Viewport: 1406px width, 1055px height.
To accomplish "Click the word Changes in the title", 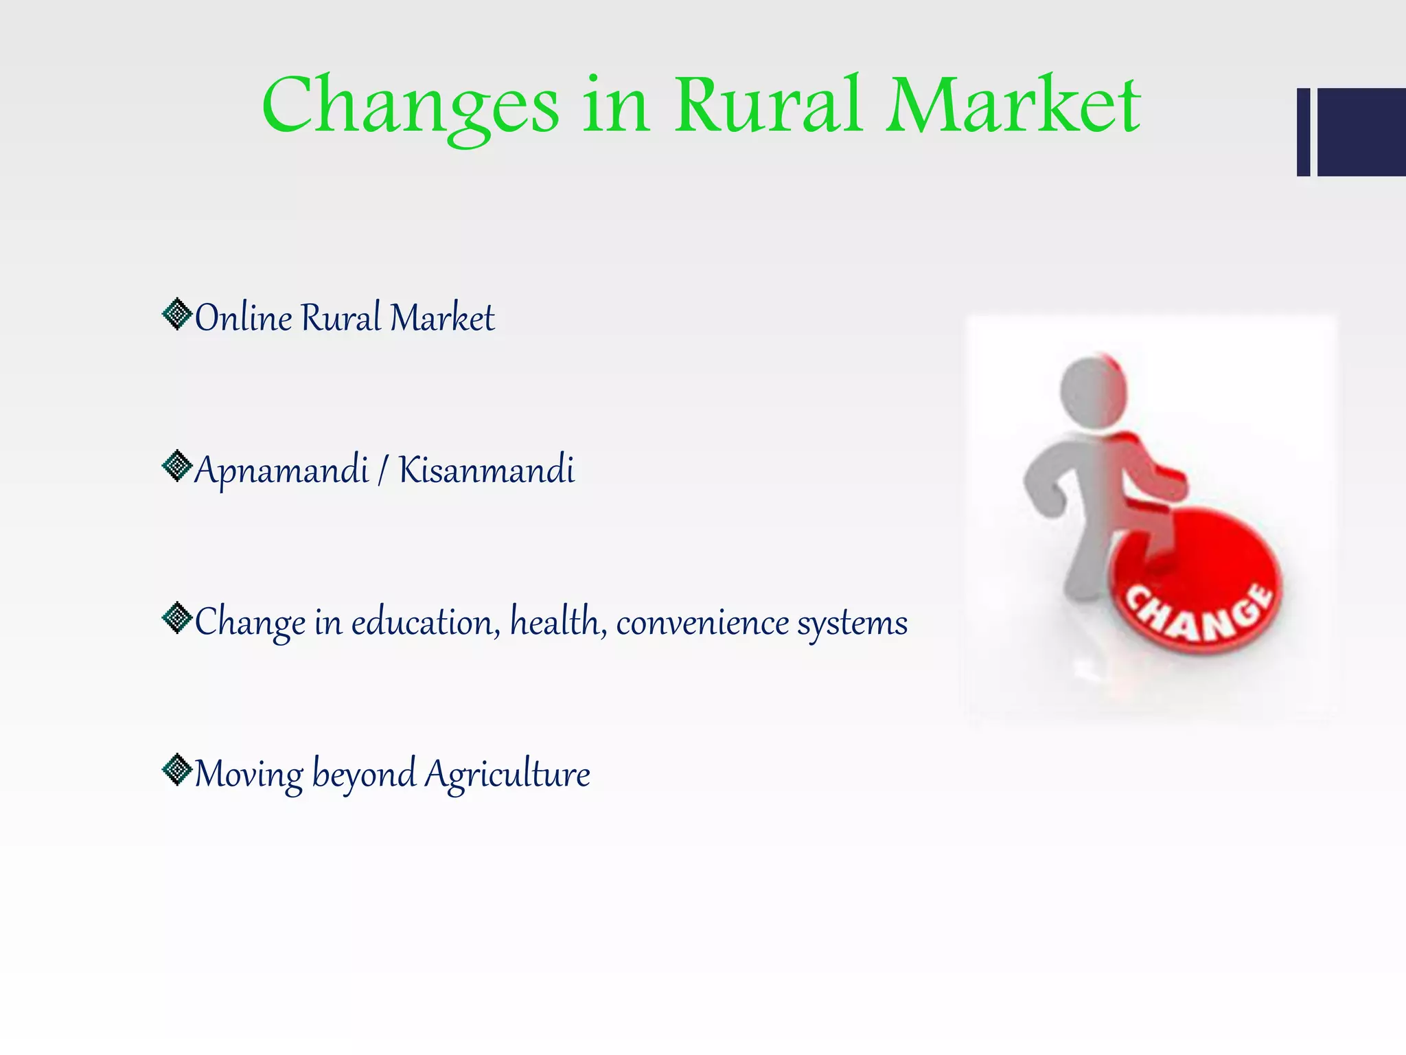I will (x=410, y=106).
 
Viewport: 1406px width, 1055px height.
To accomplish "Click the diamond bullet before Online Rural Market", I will (x=177, y=315).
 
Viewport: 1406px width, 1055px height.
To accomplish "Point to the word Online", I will (x=244, y=318).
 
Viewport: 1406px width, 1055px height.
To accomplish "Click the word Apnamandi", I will (x=281, y=471).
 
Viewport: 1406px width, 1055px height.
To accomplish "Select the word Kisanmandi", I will (x=486, y=470).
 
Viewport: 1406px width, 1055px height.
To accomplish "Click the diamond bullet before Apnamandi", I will (x=177, y=466).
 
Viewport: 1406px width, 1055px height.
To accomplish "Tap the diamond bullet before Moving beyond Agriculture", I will (x=177, y=770).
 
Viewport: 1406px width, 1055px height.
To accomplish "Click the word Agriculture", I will (x=507, y=775).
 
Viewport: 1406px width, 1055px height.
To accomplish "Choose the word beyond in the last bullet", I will (x=364, y=775).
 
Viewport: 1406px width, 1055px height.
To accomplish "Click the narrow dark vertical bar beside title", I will (x=1303, y=132).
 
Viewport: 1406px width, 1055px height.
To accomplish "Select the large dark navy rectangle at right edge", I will (x=1361, y=132).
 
